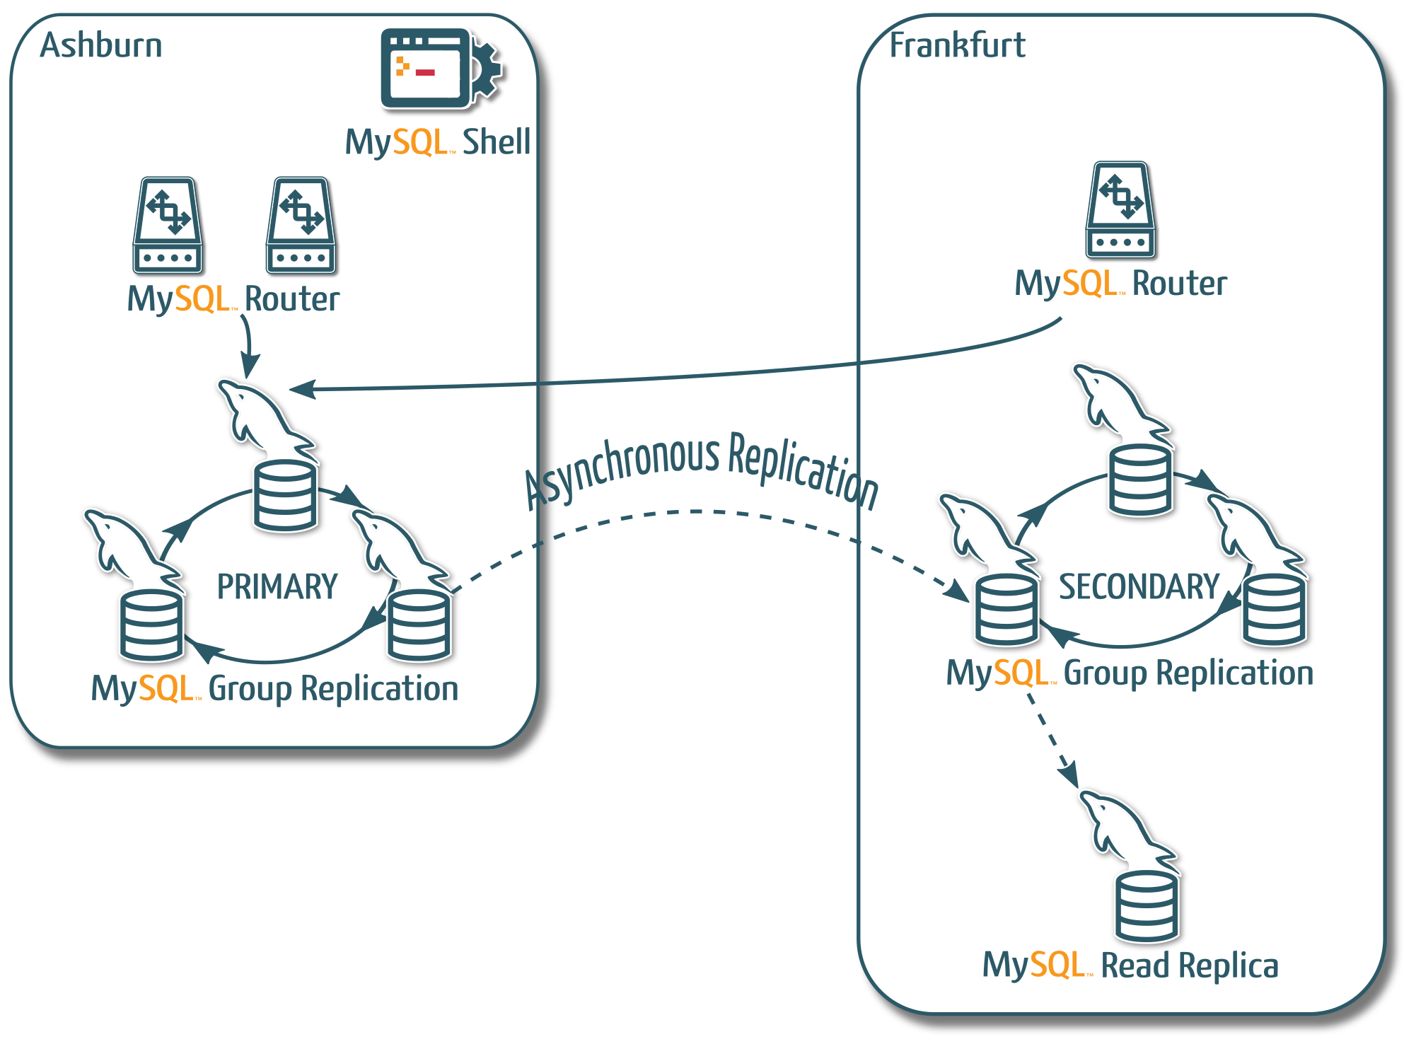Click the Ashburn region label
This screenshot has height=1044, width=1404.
(101, 45)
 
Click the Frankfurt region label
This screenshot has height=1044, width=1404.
(956, 45)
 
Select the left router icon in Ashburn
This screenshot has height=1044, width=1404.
(168, 225)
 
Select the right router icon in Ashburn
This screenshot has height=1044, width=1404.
(301, 225)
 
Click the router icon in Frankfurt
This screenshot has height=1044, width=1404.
(1120, 209)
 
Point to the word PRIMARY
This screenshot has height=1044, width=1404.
(277, 586)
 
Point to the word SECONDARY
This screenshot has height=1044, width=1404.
(1139, 586)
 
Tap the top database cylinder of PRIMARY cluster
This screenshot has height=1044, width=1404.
(285, 496)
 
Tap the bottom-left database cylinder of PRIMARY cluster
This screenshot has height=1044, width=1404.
(151, 625)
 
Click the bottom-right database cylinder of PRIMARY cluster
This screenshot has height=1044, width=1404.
(419, 625)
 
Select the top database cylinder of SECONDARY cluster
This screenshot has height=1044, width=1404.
(1140, 480)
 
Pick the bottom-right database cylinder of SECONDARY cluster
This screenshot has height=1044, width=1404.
(1275, 610)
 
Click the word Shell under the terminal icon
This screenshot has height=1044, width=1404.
(496, 141)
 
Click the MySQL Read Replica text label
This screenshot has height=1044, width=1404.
(1130, 965)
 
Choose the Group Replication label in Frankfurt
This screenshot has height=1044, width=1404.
(1188, 673)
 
